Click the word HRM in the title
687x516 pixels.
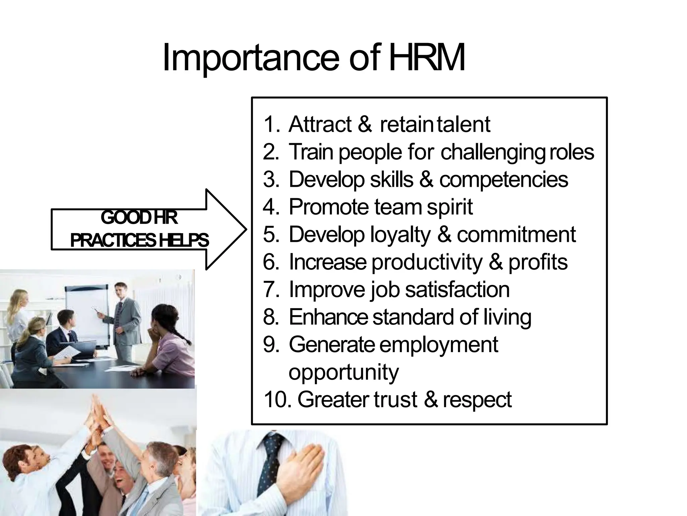[427, 58]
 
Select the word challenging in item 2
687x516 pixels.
[492, 152]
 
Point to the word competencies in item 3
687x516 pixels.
[504, 179]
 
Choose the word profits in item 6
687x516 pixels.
[538, 262]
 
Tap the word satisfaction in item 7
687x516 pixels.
[457, 289]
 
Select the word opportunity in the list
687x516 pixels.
[343, 372]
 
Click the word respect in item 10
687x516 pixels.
[477, 399]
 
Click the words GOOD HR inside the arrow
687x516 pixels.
[139, 218]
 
